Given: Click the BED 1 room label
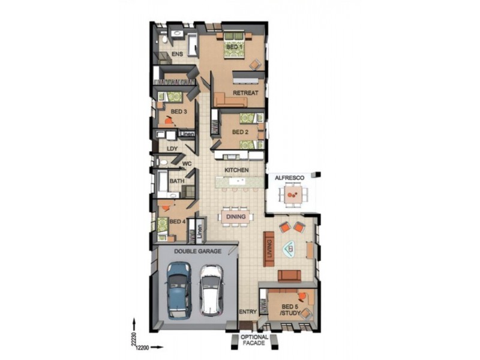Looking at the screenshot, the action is click(x=235, y=47).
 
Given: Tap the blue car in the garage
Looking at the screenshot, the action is click(x=179, y=290).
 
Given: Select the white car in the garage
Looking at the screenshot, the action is click(x=211, y=290).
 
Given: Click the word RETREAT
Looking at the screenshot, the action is click(x=245, y=93).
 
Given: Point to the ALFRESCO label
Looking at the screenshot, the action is click(x=290, y=178).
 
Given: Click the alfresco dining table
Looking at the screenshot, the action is click(x=293, y=194).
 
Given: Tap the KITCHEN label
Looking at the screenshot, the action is click(x=236, y=170).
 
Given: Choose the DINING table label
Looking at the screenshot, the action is click(x=236, y=217).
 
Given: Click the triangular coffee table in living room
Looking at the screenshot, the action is click(x=290, y=248).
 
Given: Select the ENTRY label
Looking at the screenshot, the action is click(x=248, y=312).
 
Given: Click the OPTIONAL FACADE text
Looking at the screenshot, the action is click(x=254, y=340).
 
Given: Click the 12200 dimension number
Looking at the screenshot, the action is click(x=142, y=348).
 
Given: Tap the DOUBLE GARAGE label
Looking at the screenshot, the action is click(x=198, y=251).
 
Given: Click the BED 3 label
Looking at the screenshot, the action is click(x=179, y=112).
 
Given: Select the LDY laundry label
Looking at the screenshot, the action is click(x=172, y=149).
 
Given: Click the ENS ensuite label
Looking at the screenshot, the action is click(x=177, y=54).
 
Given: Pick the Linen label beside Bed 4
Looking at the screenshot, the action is click(x=200, y=232).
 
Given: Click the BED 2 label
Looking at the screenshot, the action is click(x=241, y=132).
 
